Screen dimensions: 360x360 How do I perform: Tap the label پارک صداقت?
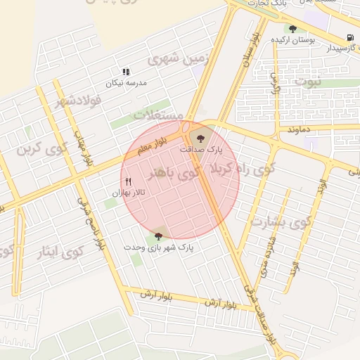(200, 149)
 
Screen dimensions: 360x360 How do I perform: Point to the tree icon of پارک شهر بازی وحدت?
(159, 236)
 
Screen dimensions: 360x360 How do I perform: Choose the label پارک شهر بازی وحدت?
(158, 247)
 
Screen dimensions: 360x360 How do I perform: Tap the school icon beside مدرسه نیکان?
(127, 72)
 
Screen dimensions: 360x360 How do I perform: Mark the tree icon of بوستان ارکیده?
(292, 30)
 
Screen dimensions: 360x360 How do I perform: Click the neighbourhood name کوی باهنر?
(172, 172)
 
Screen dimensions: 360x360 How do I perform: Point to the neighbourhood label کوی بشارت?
(280, 223)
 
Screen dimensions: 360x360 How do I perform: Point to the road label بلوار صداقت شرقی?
(260, 310)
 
